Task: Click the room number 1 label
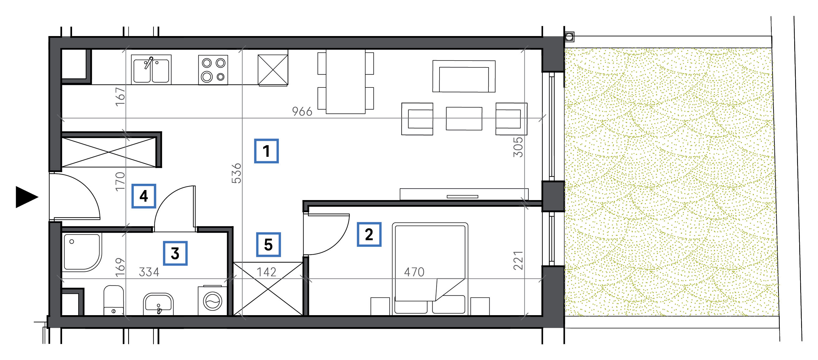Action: click(266, 151)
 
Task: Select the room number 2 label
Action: click(369, 235)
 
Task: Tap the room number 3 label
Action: click(175, 253)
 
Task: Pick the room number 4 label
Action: click(143, 196)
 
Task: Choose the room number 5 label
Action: click(268, 245)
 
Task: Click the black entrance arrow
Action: click(27, 197)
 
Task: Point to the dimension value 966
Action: click(302, 112)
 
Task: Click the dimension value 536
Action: click(237, 173)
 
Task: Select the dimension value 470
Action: click(414, 272)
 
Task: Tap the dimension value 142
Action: click(266, 272)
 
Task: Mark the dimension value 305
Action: click(518, 147)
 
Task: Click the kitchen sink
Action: click(151, 70)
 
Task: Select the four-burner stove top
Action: click(213, 70)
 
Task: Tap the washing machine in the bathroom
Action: click(212, 301)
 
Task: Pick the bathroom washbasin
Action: click(158, 304)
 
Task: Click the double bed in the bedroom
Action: click(430, 269)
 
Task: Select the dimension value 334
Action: click(149, 272)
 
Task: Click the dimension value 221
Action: click(518, 261)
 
